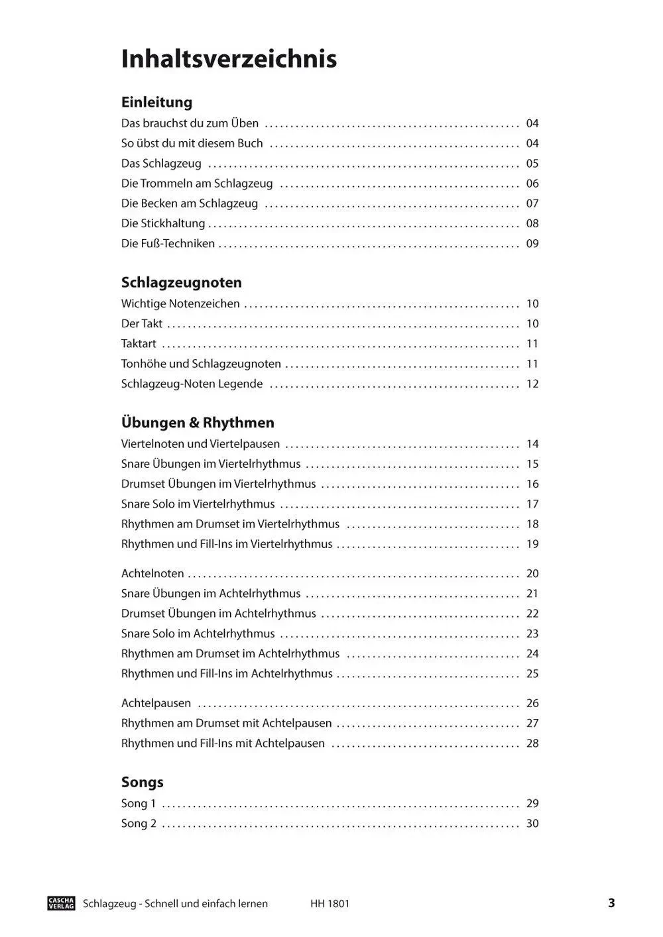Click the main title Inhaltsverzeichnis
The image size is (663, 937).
click(x=229, y=59)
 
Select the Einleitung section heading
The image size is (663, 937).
click(x=156, y=102)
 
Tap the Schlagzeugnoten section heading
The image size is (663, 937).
click(x=181, y=282)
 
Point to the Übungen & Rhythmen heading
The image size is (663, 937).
click(x=198, y=422)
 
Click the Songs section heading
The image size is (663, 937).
click(x=142, y=782)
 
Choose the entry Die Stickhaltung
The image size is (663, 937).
click(x=163, y=223)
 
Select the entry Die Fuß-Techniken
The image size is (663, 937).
click(x=168, y=243)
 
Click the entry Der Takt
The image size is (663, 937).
click(x=142, y=323)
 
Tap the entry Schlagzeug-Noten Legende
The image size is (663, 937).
click(x=192, y=384)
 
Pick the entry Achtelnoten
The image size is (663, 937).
click(x=152, y=573)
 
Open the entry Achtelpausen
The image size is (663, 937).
click(x=156, y=703)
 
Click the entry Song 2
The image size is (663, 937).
click(x=139, y=823)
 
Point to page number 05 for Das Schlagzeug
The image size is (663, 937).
click(x=532, y=164)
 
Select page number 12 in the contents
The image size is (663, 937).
click(x=532, y=384)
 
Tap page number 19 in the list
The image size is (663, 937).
click(x=532, y=544)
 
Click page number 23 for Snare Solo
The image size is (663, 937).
click(x=532, y=634)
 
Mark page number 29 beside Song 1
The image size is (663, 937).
click(x=532, y=803)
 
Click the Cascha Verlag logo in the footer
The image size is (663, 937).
click(x=62, y=903)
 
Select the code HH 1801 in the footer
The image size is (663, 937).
click(x=330, y=903)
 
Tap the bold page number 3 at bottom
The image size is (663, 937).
click(x=611, y=903)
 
